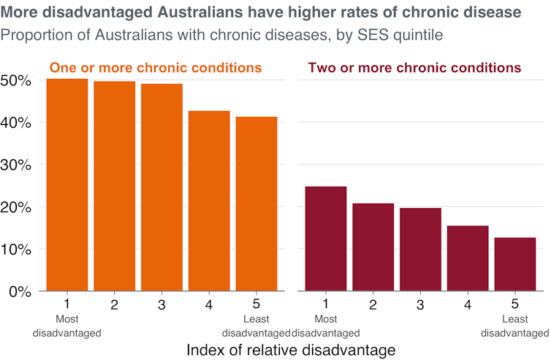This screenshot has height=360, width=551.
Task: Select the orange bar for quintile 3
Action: click(161, 188)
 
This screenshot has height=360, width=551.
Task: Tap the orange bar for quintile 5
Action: click(256, 204)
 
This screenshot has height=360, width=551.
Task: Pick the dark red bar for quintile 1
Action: click(325, 239)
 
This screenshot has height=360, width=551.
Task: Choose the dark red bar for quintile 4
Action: click(468, 258)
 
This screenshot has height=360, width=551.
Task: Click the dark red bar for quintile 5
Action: click(515, 264)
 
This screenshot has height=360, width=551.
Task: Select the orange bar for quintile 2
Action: click(115, 186)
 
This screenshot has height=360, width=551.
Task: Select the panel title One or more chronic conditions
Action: click(156, 68)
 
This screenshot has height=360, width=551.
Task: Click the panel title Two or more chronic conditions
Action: click(414, 68)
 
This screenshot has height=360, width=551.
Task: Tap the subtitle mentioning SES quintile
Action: click(222, 34)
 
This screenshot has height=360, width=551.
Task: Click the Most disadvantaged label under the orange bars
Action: click(66, 326)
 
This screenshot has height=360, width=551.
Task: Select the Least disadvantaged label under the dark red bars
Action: click(516, 326)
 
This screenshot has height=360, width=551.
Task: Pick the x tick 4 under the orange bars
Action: click(209, 304)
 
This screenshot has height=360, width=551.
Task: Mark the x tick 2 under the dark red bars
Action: click(373, 304)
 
